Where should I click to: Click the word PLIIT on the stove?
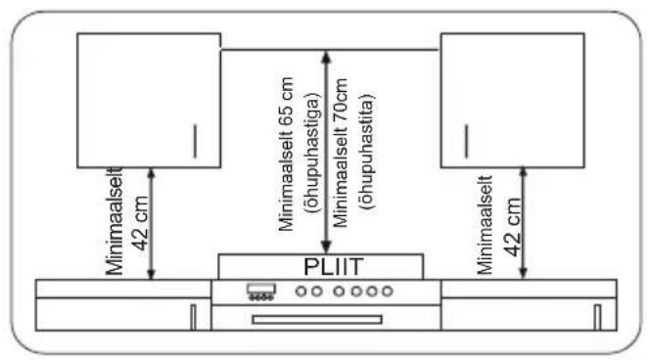click(334, 267)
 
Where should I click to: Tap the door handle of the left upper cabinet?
click(195, 141)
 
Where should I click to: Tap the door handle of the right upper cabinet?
click(467, 141)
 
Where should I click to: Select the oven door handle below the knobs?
click(317, 320)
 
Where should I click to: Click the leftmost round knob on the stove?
click(301, 292)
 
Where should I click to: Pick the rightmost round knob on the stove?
click(388, 292)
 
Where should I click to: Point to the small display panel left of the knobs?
click(261, 292)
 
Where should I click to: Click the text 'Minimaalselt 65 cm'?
click(286, 154)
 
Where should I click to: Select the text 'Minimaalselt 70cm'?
click(340, 153)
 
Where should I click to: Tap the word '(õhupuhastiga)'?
click(312, 153)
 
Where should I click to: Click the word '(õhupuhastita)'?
click(366, 152)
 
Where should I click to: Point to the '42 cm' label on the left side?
click(141, 223)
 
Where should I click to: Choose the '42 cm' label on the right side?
click(513, 227)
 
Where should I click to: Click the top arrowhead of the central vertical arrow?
click(327, 57)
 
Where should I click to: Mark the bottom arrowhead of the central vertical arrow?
click(327, 247)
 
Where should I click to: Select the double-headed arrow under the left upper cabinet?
click(152, 224)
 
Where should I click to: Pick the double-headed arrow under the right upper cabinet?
click(523, 222)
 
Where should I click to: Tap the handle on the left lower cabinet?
click(193, 318)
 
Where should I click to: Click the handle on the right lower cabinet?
click(597, 318)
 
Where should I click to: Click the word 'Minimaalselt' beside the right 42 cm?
click(486, 225)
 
